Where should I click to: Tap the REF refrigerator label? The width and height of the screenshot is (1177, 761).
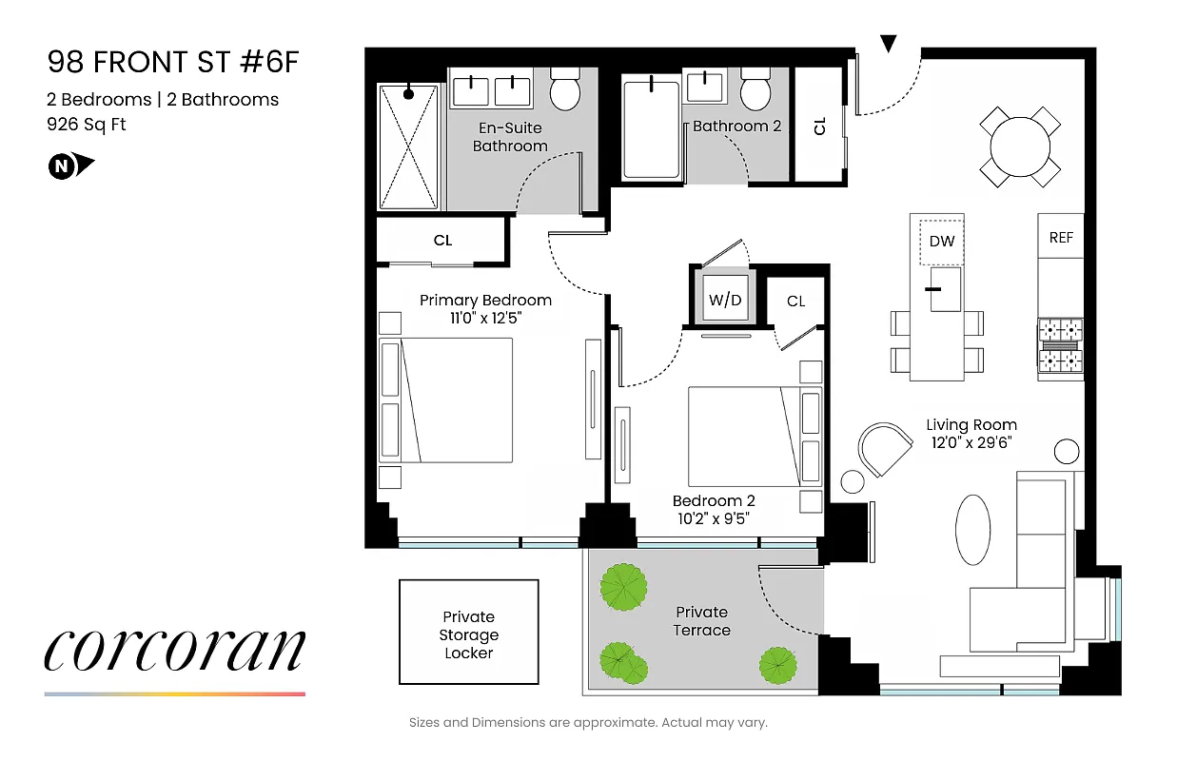[1061, 238]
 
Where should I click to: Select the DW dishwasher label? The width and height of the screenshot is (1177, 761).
[941, 242]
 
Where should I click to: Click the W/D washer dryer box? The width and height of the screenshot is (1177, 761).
[725, 301]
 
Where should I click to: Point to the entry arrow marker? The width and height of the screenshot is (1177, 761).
[889, 44]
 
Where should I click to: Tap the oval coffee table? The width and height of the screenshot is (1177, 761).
[972, 529]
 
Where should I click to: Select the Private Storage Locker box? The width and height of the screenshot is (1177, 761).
[468, 633]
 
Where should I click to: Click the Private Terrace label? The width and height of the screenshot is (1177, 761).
[702, 621]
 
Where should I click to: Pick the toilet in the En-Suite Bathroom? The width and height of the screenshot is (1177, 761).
[565, 88]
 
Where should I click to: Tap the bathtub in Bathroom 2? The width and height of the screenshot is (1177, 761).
[651, 128]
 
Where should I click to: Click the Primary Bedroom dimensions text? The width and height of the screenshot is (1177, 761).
[485, 319]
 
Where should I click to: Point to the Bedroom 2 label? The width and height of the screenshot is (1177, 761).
[714, 501]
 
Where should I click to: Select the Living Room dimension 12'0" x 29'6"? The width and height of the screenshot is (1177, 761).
[971, 442]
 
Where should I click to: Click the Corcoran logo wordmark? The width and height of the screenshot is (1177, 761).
[174, 651]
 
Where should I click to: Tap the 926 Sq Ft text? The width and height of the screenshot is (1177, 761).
[87, 124]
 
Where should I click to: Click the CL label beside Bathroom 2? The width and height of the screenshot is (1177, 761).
[820, 125]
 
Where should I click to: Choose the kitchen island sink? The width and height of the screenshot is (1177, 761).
[945, 288]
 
